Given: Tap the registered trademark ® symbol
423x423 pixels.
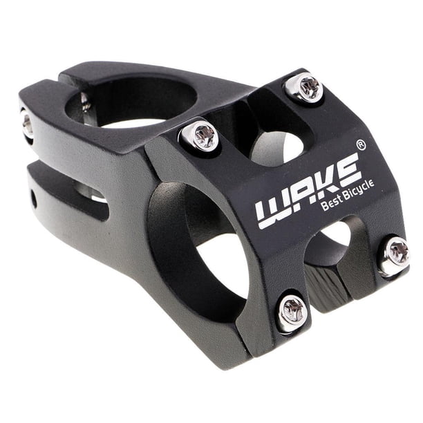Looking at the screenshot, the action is click(x=361, y=145).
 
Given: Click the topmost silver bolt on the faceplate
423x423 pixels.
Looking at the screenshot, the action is click(x=303, y=88).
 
